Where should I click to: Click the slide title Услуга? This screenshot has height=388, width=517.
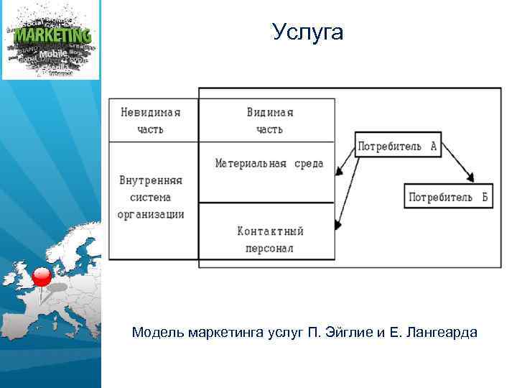pos(308,32)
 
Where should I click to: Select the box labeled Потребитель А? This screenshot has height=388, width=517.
pos(397,146)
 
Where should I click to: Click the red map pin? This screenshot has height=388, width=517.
pos(42,277)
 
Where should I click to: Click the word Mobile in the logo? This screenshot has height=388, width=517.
pos(52,54)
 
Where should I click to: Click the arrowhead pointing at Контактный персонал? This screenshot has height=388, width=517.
pos(337,226)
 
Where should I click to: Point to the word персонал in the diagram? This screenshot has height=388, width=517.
pos(269,248)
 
